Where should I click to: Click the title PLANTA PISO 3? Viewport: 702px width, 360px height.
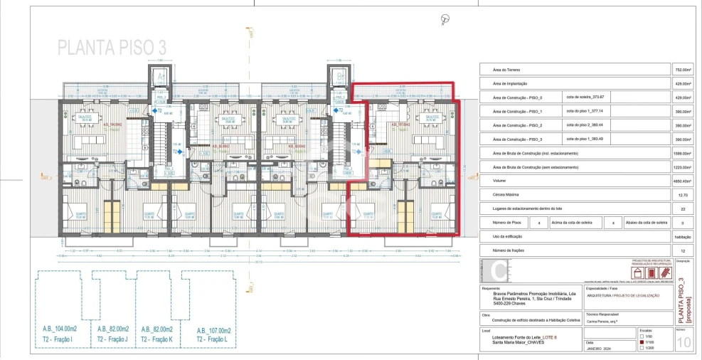(x=112, y=48)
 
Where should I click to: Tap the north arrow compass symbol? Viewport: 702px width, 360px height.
(x=446, y=18)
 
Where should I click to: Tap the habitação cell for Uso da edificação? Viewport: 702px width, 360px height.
(x=681, y=236)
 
